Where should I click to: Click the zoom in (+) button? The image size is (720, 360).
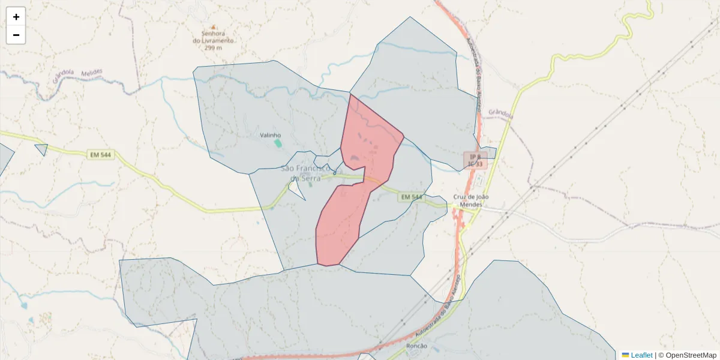coord(16,17)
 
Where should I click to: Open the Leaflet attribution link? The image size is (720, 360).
coord(641,355)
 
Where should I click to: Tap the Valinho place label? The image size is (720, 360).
coord(270,136)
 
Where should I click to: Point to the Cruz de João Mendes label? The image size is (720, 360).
coord(471,200)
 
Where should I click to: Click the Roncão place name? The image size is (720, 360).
coord(416,346)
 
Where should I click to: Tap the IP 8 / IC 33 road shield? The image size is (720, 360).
coord(475,160)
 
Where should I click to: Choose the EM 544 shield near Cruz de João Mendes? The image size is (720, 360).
coord(411,197)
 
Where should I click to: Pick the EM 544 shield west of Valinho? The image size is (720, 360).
coord(100,155)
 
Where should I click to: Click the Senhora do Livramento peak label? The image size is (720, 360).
coord(213,37)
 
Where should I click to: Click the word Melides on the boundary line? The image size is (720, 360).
coord(89,73)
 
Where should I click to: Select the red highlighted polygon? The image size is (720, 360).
coord(354,204)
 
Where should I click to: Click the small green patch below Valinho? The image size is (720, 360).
coord(277,143)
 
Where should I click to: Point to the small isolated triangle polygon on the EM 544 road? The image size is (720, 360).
coord(41,149)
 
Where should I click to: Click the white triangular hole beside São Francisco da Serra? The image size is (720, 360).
coord(296,188)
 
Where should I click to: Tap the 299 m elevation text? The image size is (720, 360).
coord(213,47)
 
